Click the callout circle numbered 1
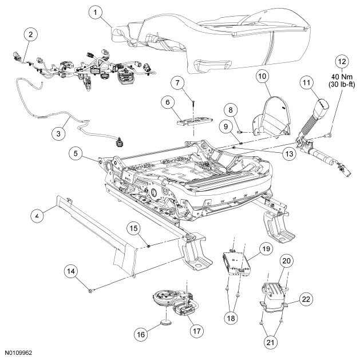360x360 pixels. pos(96,12)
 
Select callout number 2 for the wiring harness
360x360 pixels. pos(30,35)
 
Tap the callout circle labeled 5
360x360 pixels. pos(76,153)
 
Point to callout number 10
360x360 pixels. pos(263,76)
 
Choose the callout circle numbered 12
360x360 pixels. pos(342,62)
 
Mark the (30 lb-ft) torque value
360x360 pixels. pos(342,85)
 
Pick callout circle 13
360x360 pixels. pos(289,153)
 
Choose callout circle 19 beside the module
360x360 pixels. pos(266,248)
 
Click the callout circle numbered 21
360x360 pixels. pos(271,342)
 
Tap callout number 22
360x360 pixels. pos(306,299)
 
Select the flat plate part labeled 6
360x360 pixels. pos(195,121)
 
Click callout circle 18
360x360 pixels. pos(231,318)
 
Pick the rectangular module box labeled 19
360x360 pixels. pos(236,263)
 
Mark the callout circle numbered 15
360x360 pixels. pos(134,228)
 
